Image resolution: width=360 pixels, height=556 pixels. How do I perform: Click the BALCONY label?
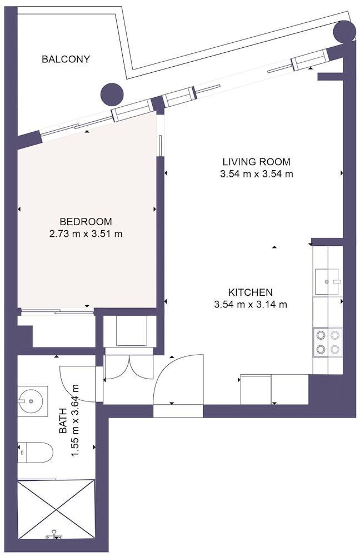[66, 59]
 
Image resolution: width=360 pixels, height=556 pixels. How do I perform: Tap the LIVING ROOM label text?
[256, 162]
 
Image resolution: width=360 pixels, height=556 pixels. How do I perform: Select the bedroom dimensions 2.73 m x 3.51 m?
[86, 234]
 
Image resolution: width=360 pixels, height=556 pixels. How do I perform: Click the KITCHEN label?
[250, 292]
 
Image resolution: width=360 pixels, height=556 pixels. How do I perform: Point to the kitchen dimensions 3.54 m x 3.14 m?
[250, 304]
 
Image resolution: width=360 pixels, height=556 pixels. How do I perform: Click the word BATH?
[63, 420]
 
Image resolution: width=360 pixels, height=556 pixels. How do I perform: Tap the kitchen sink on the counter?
[327, 281]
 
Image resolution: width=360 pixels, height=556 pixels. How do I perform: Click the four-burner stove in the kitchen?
[328, 342]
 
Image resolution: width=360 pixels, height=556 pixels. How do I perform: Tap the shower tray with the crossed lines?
[56, 509]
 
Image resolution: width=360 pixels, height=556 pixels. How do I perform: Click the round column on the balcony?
[111, 94]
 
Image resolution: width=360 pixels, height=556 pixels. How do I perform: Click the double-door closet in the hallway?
[128, 367]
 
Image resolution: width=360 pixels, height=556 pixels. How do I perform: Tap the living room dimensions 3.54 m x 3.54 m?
[256, 174]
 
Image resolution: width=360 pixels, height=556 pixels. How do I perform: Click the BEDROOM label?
[86, 222]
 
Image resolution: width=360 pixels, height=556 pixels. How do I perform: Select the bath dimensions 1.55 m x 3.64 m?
[76, 420]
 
